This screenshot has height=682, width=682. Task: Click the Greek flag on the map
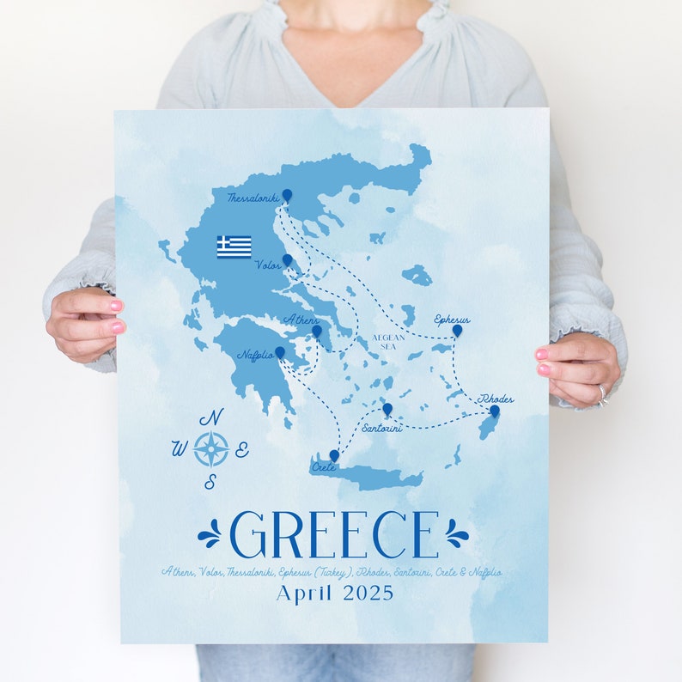(234, 247)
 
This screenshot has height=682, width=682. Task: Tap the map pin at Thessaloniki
(287, 196)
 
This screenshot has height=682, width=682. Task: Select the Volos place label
(267, 265)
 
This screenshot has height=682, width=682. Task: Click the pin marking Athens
(316, 331)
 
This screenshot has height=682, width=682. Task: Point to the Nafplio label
(255, 355)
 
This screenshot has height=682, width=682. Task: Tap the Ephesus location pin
(457, 330)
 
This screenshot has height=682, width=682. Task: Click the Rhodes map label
(496, 399)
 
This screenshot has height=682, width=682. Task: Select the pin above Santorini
(387, 409)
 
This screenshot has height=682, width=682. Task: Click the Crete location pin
(333, 455)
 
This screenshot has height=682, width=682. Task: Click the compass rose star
(210, 449)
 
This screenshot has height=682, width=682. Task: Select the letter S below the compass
(210, 482)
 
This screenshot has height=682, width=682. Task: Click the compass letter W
(180, 448)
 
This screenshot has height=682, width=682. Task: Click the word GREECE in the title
(334, 535)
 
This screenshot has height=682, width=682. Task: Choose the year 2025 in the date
(368, 594)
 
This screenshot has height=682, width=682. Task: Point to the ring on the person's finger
(601, 393)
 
